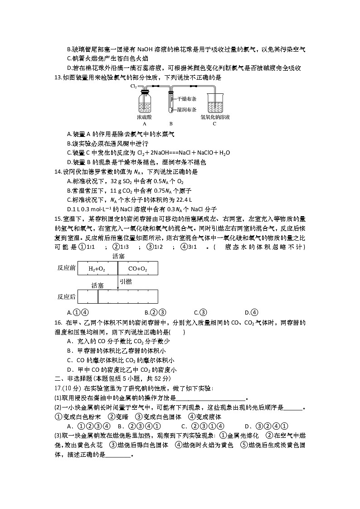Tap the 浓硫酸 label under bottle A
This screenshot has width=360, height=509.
[x=145, y=117]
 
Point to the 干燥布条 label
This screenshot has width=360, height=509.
[x=186, y=98]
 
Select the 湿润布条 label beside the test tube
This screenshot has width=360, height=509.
[x=186, y=109]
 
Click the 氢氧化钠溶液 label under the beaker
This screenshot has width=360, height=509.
[x=215, y=117]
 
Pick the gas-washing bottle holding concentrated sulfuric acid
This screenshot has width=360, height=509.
[x=145, y=102]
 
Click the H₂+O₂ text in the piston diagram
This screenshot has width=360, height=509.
[x=97, y=269]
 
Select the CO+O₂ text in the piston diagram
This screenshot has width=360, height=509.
[x=137, y=269]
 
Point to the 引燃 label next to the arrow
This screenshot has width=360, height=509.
[x=126, y=281]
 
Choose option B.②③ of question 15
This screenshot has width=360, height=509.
[x=155, y=312]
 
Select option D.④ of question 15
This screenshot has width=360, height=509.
[x=251, y=312]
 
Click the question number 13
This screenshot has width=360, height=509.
[x=57, y=78]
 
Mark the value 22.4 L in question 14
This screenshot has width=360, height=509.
[x=184, y=199]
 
